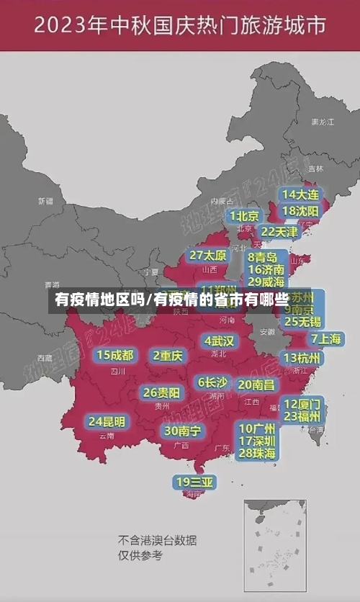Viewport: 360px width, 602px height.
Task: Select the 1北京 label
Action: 245,216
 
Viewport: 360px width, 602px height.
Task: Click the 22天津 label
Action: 279,232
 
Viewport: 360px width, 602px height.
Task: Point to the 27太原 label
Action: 208,256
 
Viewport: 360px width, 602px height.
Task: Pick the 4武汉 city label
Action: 219,341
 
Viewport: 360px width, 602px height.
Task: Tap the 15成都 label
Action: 115,355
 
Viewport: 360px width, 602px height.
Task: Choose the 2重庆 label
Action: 168,355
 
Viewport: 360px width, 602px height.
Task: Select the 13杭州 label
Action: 302,358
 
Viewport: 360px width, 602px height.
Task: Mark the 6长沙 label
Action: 212,382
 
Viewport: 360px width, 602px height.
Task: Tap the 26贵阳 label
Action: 161,393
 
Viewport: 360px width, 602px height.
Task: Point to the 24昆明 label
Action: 107,421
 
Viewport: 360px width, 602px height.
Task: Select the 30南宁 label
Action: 182,431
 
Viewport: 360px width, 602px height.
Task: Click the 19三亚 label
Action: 194,482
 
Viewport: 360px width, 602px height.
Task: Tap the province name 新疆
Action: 46,201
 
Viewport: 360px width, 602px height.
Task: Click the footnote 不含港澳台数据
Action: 157,541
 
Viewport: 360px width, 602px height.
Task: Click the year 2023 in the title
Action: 65,26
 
